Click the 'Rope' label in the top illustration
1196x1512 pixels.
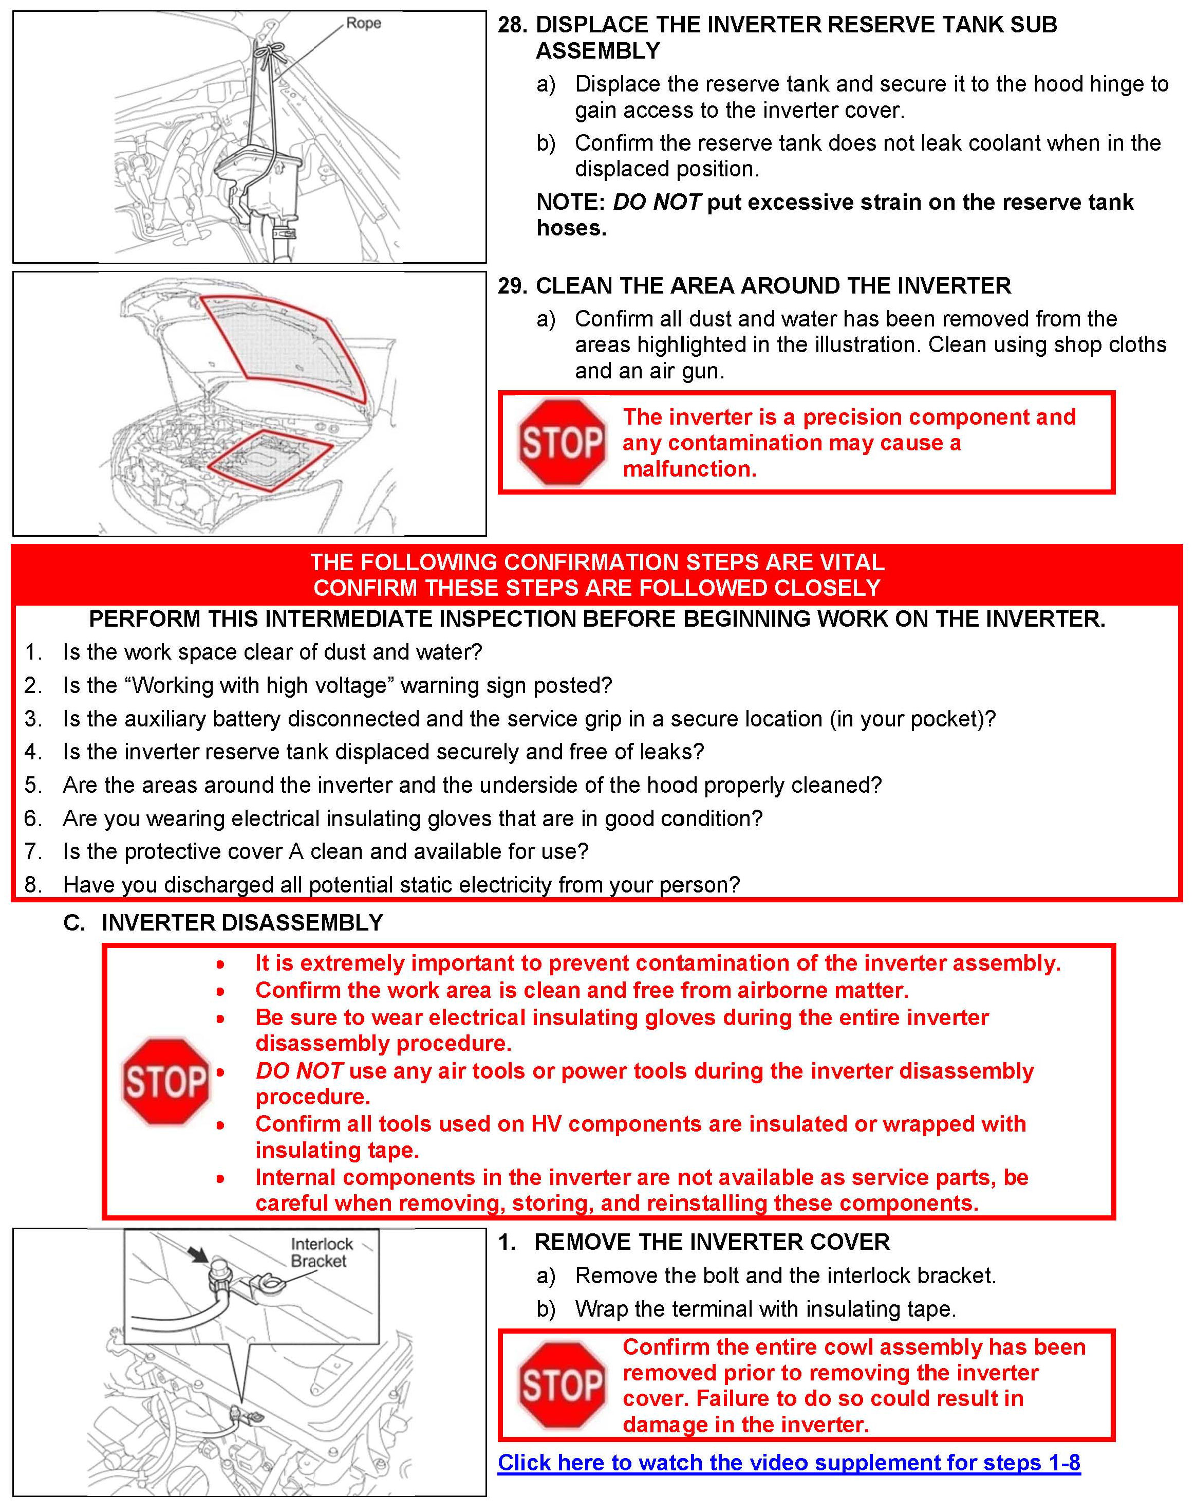click(x=363, y=23)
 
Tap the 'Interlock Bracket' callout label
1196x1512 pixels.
click(x=322, y=1252)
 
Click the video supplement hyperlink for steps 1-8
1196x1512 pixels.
click(x=789, y=1462)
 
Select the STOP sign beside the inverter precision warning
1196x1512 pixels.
click(x=561, y=442)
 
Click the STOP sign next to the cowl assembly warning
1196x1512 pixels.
click(x=561, y=1385)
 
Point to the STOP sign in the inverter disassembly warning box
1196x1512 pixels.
click(x=165, y=1081)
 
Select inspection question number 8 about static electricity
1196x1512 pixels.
click(x=401, y=884)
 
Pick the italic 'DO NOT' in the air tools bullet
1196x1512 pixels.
click(x=299, y=1070)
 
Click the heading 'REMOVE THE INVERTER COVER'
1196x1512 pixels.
click(x=712, y=1242)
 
